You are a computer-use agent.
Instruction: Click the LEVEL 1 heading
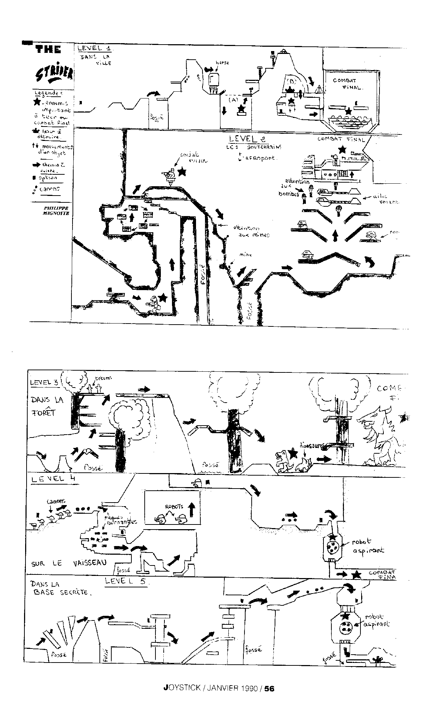click(x=94, y=48)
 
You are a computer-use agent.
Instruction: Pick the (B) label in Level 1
click(x=290, y=81)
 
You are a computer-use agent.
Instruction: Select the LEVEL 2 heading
click(x=249, y=138)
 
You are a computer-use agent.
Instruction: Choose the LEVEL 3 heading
click(x=44, y=382)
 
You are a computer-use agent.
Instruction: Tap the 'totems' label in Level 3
click(x=103, y=378)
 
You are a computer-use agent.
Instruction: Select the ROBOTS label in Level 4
click(x=174, y=507)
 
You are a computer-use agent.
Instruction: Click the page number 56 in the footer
click(x=269, y=688)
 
